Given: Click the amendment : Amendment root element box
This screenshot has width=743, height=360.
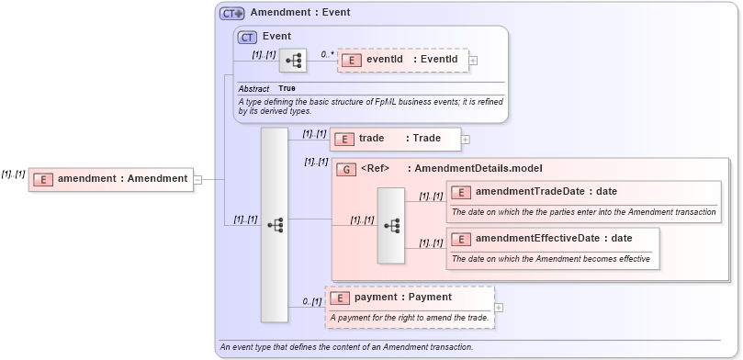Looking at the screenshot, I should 110,179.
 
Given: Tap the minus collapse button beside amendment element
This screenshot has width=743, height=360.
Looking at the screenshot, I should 197,179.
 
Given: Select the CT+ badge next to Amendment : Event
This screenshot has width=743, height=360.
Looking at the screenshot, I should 231,14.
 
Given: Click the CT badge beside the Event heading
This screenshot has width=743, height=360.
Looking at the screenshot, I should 247,38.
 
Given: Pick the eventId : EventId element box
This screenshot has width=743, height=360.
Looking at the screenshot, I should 403,61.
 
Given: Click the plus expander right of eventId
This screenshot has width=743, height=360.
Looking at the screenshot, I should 474,61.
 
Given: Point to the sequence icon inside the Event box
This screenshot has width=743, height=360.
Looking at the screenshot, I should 293,61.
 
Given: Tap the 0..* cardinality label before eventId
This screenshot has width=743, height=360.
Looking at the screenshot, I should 328,55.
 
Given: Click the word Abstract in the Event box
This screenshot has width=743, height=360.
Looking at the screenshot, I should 253,88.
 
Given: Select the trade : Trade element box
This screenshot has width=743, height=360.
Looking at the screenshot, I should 395,139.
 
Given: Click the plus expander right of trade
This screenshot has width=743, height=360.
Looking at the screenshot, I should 466,140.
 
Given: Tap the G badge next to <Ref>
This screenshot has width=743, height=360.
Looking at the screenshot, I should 346,169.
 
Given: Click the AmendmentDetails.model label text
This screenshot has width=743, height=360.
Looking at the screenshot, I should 478,169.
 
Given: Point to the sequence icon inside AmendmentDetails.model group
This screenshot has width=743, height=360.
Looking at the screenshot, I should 391,226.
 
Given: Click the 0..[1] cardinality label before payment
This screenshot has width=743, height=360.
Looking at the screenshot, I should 312,301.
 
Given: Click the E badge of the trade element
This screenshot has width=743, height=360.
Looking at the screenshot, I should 343,139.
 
